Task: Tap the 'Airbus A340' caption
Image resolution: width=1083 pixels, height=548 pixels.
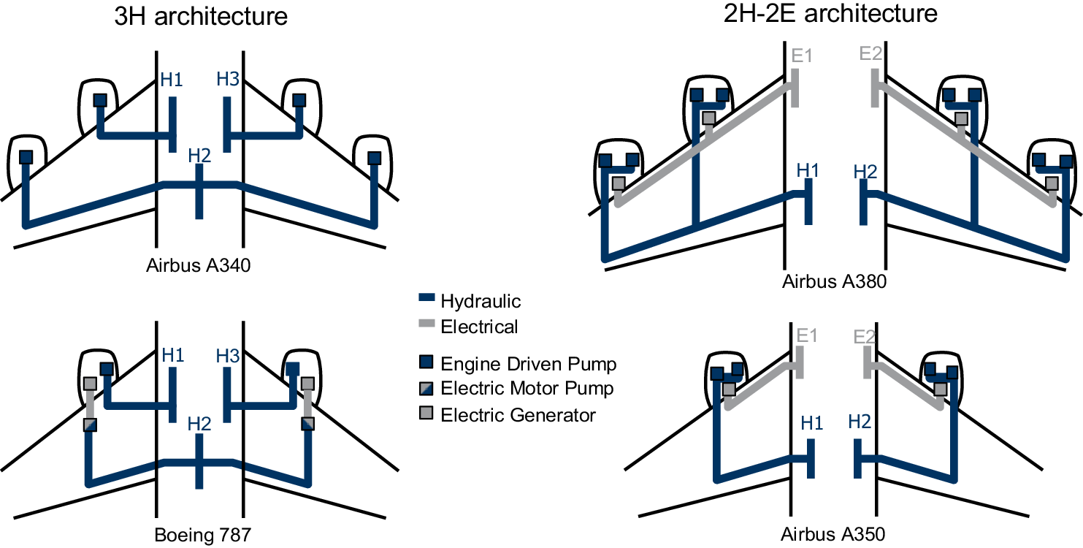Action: (x=199, y=266)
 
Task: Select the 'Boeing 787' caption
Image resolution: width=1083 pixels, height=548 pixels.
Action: (x=202, y=535)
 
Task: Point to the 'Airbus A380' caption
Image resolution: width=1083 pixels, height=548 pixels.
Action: (x=834, y=282)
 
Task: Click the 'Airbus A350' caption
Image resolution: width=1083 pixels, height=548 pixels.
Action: (x=833, y=534)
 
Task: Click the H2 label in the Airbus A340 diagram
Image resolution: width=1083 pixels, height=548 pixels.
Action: (x=199, y=155)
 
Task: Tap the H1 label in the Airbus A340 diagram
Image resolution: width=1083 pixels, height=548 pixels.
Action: (x=172, y=80)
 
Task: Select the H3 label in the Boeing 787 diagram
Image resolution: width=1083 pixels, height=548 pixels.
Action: (x=228, y=356)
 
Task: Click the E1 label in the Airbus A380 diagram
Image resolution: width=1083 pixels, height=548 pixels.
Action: (x=802, y=55)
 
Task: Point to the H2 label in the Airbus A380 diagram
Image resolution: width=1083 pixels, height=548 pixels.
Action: (x=865, y=172)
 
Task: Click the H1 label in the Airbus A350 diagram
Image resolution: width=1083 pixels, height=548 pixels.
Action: (x=812, y=422)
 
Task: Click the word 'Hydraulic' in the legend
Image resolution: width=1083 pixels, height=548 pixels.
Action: (x=481, y=301)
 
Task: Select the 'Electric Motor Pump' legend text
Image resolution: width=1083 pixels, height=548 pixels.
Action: (x=527, y=389)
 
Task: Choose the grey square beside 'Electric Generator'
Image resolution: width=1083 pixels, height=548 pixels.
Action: (x=426, y=415)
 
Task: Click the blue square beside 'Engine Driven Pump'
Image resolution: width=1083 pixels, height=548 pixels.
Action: (x=426, y=363)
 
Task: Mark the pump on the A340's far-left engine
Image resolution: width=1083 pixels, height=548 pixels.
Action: (x=26, y=157)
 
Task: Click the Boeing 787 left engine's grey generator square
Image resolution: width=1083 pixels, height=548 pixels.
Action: (x=90, y=384)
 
